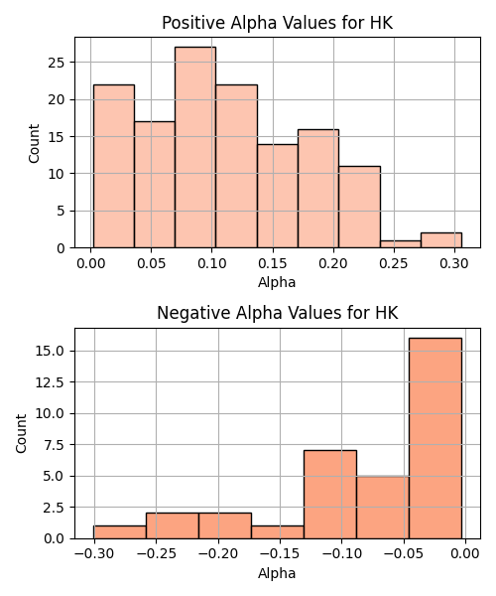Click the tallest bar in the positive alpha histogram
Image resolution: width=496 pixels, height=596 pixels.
pos(195,147)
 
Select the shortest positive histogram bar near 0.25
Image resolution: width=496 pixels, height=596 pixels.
pos(401,244)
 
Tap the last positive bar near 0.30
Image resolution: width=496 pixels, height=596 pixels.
pos(441,240)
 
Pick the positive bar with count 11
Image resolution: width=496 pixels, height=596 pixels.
pos(359,208)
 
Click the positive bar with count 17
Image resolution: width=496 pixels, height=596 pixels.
pos(155,185)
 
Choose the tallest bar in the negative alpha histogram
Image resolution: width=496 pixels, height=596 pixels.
pos(435,438)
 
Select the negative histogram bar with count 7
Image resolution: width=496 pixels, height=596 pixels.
pos(330,495)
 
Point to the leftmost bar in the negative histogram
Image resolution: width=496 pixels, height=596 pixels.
pos(120,532)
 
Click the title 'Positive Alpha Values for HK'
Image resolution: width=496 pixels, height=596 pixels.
pos(278,23)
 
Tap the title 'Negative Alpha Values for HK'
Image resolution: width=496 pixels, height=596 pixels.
pos(278,313)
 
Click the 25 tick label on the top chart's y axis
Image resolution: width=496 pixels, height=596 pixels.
pos(57,63)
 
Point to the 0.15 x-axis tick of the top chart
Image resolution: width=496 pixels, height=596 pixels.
pos(273,263)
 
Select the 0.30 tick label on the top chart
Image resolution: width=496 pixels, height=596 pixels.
pos(454,263)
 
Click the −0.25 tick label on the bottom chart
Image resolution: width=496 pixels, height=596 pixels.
pos(157,554)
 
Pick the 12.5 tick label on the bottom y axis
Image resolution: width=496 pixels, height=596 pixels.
pos(50,382)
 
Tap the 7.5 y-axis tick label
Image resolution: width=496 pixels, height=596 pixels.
pos(54,445)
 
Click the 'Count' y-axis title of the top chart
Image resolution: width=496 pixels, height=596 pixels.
pos(34,143)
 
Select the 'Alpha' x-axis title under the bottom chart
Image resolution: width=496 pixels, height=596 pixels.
pos(277,573)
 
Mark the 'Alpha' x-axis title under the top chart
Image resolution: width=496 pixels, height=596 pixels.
pos(277,282)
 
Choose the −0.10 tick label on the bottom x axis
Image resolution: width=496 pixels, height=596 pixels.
pos(342,554)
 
